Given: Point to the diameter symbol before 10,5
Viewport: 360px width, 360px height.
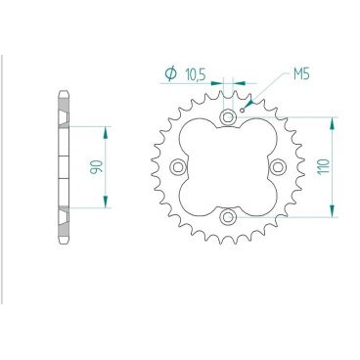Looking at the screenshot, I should point(170,72).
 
